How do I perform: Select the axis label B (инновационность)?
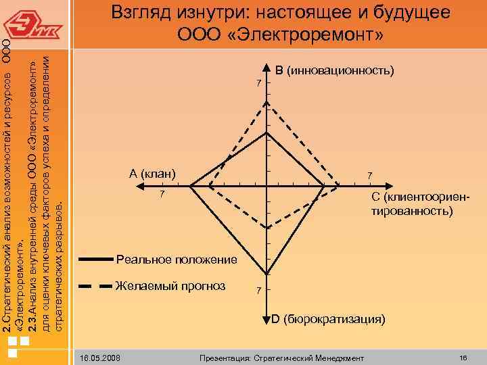335,70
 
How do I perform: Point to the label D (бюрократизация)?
329,318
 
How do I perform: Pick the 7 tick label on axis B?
257,83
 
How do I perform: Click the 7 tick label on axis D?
257,291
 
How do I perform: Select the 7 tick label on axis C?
369,176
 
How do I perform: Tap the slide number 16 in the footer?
463,357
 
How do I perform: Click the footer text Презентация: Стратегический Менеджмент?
279,357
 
